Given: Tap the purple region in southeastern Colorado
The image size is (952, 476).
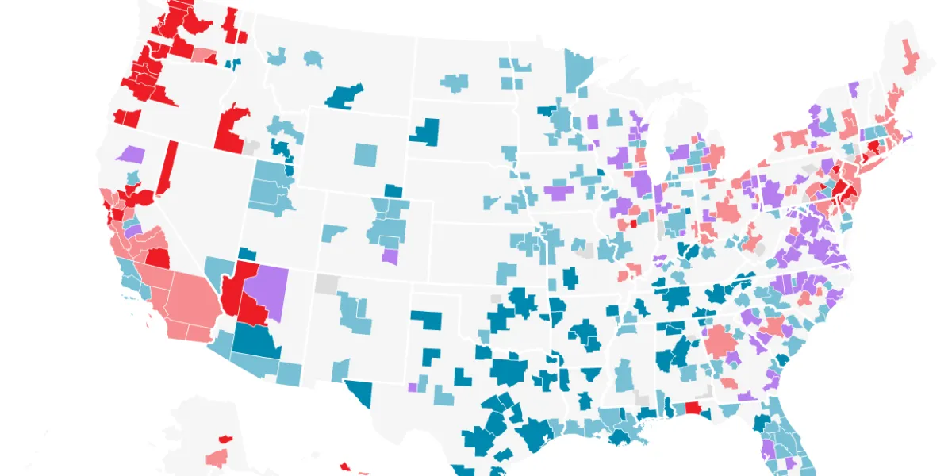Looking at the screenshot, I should point(390,257).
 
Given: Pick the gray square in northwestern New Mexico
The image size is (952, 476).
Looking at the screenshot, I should point(326,283).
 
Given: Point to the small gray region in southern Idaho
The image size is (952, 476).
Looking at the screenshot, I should point(251,147).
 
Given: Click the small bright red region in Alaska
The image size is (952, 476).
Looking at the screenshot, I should point(225,438).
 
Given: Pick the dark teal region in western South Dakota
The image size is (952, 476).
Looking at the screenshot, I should point(425,132).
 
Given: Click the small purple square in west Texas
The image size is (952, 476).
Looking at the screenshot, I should point(413,387).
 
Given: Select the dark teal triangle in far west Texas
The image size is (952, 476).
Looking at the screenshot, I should point(361,390).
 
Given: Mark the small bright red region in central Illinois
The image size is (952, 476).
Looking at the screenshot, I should point(633,224).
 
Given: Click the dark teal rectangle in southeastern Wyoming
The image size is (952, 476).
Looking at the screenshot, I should point(393,190).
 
